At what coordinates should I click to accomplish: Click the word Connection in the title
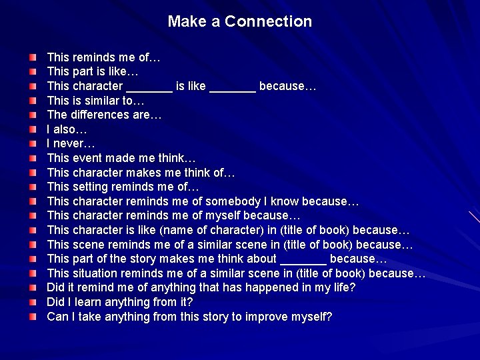coord(268,21)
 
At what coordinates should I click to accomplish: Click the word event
coord(89,158)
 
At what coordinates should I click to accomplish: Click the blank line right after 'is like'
coord(232,86)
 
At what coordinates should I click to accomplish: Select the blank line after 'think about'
coord(303,259)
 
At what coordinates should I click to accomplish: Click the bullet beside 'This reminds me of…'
coord(33,58)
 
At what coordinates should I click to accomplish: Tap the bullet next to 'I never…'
coord(33,144)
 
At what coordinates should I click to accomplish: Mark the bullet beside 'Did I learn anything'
coord(33,302)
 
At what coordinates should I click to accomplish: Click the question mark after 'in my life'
coord(353,287)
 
